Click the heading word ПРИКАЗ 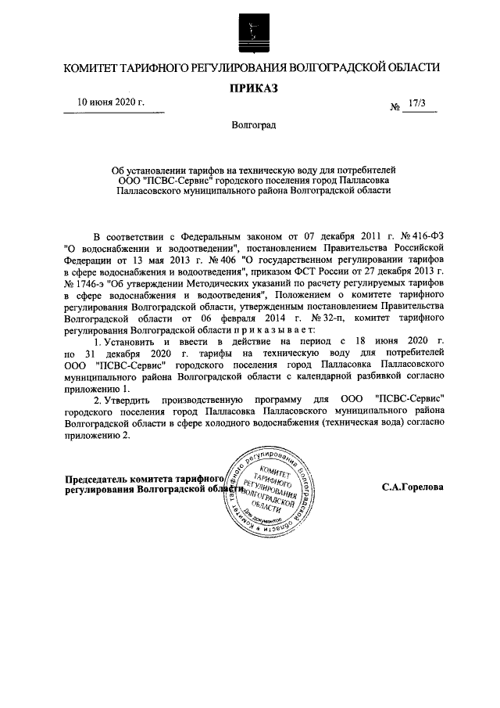253,88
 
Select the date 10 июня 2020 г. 110,102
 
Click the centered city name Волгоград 253,125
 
